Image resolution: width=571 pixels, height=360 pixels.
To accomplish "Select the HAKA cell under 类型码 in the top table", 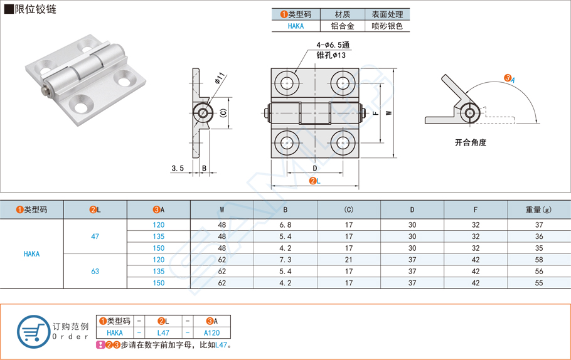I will [296, 26].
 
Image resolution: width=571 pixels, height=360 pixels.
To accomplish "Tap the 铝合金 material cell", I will [343, 26].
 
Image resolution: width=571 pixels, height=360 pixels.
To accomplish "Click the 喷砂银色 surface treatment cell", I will [387, 26].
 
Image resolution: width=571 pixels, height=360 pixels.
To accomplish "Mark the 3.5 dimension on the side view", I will [177, 168].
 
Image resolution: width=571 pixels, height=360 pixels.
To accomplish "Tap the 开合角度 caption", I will [471, 142].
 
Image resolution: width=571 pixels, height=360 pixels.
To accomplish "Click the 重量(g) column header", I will [538, 209].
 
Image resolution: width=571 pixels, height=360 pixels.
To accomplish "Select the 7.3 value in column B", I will [285, 260].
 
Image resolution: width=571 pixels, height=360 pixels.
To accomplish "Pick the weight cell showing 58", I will [538, 260].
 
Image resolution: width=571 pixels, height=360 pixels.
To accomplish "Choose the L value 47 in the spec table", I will [95, 236].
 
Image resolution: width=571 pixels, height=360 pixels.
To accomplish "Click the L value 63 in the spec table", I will [95, 272].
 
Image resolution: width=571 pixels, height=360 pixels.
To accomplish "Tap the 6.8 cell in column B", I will [285, 225].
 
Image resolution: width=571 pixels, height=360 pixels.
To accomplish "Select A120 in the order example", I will [212, 333].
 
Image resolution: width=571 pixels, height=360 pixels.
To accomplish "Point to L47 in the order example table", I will [163, 333].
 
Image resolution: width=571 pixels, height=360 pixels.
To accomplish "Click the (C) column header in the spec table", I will [349, 209].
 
